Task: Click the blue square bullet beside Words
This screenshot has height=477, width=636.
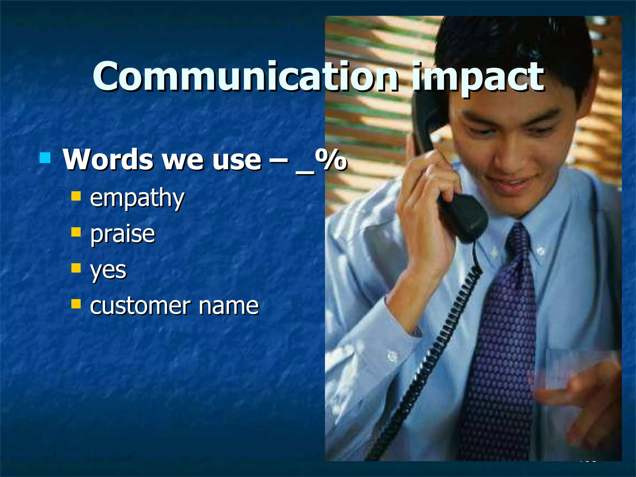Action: pos(45,158)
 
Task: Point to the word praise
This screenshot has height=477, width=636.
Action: pos(123,234)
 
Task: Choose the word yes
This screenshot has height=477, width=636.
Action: pos(108,270)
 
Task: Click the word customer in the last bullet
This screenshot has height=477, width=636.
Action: pos(140,306)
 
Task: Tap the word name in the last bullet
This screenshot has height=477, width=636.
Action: pos(229,306)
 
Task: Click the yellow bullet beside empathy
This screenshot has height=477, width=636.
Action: pos(76,196)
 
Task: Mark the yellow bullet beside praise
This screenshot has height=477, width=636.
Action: pos(76,232)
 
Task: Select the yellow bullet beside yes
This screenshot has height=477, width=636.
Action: pos(76,268)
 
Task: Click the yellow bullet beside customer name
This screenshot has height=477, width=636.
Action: pos(76,304)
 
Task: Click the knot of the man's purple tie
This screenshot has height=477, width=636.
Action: pos(518,239)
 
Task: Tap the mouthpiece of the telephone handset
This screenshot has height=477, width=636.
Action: pos(464,217)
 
